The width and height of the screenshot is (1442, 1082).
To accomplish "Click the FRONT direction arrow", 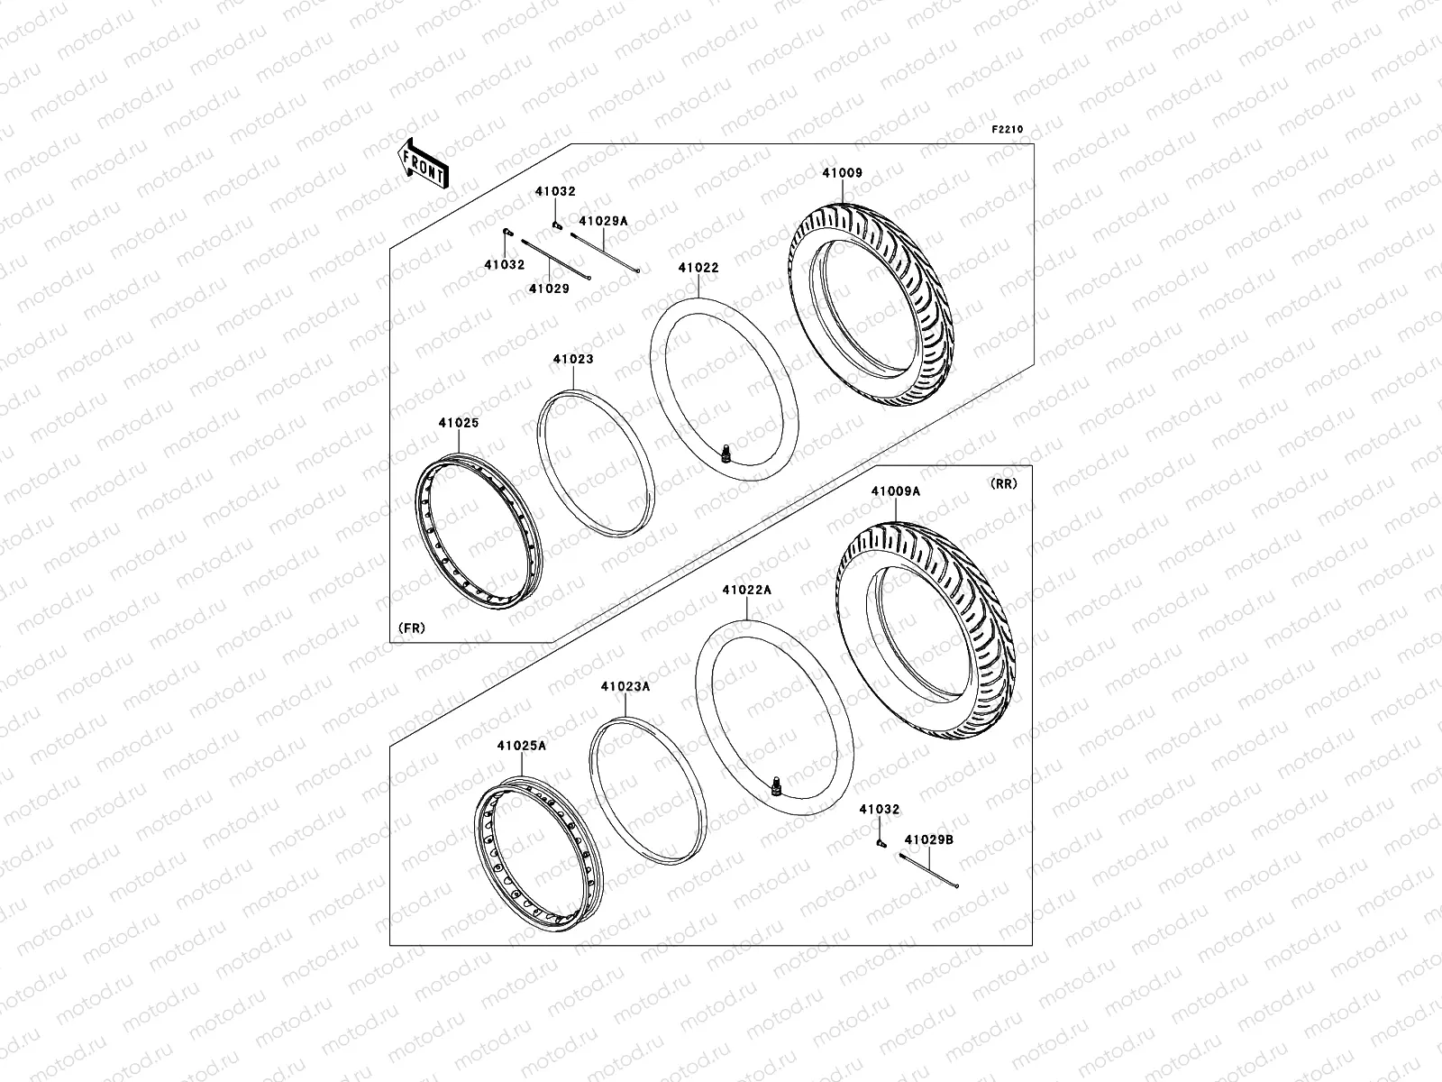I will pos(424,163).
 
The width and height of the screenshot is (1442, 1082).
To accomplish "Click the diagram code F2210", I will pos(1008,130).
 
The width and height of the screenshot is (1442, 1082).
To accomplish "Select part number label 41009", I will pos(842,173).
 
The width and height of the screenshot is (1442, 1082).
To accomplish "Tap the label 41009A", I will pos(895,491).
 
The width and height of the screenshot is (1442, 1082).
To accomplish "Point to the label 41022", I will pos(698,268).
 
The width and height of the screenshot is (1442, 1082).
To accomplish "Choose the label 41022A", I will pos(746,590).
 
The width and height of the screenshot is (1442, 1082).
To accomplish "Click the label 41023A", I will pos(625,686).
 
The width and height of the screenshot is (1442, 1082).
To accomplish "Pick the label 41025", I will pos(459,422).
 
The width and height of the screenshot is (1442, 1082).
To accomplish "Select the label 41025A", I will pos(521,746).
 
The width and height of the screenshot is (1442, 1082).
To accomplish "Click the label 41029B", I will pos(929,839).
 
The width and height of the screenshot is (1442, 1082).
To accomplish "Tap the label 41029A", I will pos(603,221).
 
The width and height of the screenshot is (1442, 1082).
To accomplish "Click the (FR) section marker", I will pos(411,627).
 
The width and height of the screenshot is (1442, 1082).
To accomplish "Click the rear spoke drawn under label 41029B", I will pos(928,870).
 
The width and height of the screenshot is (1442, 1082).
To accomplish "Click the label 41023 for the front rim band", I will pos(573,359).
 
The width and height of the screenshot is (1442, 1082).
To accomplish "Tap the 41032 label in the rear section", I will pos(879,811).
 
